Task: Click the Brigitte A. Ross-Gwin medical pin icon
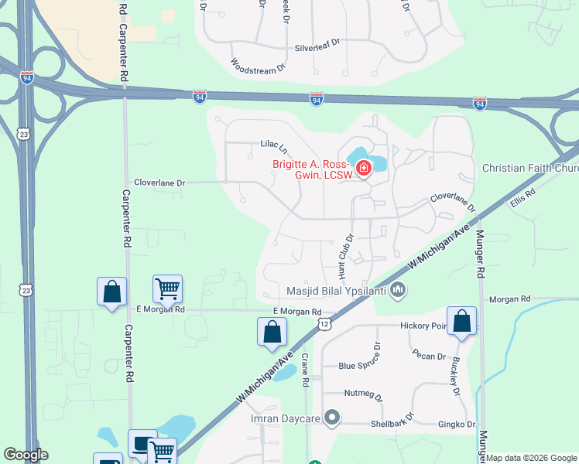(x=363, y=167)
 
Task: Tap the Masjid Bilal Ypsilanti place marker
(x=399, y=290)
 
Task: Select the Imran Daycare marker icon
(x=333, y=418)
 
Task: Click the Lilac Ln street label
(x=274, y=145)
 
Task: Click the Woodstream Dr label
(x=259, y=70)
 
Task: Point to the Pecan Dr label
(x=430, y=357)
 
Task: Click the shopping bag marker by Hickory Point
(x=461, y=322)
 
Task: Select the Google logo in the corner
(x=26, y=455)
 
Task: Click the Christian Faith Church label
(x=529, y=168)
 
